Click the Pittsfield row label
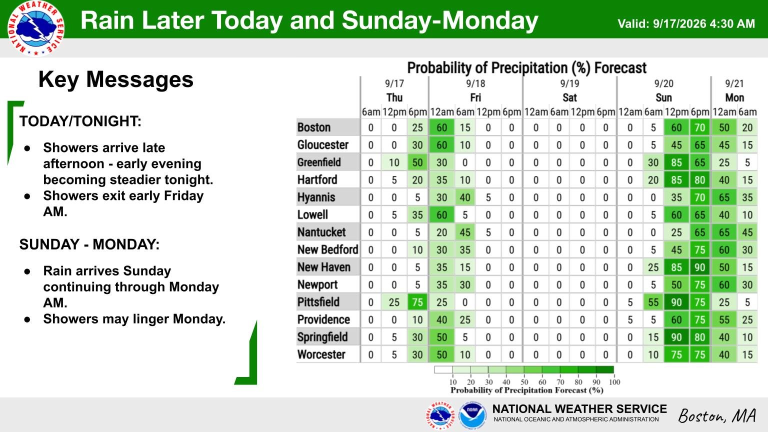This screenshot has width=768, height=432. [x=318, y=302]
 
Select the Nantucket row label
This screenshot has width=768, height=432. [x=321, y=232]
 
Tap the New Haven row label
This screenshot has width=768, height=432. [x=323, y=267]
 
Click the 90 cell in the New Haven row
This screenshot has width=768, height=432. [x=699, y=267]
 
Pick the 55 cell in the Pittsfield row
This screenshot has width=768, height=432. [x=653, y=302]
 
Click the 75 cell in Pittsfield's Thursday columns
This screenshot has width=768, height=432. [x=417, y=302]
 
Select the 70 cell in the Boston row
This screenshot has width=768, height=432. [x=699, y=128]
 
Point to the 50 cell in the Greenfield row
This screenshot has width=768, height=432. [x=417, y=162]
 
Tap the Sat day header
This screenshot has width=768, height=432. [x=569, y=97]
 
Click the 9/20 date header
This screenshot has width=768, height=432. [x=664, y=83]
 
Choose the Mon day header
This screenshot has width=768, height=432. [x=734, y=97]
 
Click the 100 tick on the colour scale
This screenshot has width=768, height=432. [x=614, y=382]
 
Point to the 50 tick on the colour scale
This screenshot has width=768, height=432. [x=524, y=382]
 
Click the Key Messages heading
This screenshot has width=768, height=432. [x=116, y=79]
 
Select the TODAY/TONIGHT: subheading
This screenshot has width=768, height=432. [x=80, y=121]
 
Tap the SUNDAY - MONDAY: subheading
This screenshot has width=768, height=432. [x=89, y=244]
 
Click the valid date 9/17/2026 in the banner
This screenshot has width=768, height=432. [x=679, y=23]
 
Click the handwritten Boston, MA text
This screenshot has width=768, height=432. [x=717, y=416]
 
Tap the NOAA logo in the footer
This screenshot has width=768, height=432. [x=472, y=415]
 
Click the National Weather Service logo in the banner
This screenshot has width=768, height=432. [x=36, y=28]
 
